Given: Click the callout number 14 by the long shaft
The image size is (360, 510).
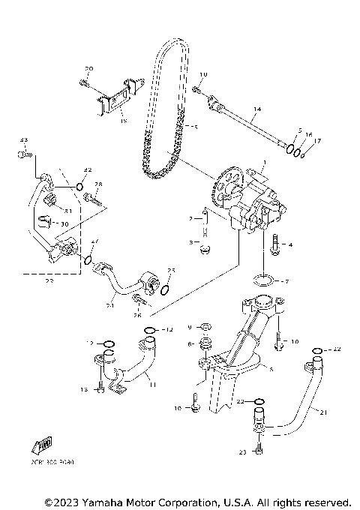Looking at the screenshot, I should point(256,109).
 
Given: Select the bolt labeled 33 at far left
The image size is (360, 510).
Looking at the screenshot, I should point(24,154).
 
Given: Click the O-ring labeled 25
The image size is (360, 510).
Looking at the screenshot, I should point(166,286).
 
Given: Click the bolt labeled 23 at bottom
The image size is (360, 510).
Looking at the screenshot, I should point(259,447).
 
